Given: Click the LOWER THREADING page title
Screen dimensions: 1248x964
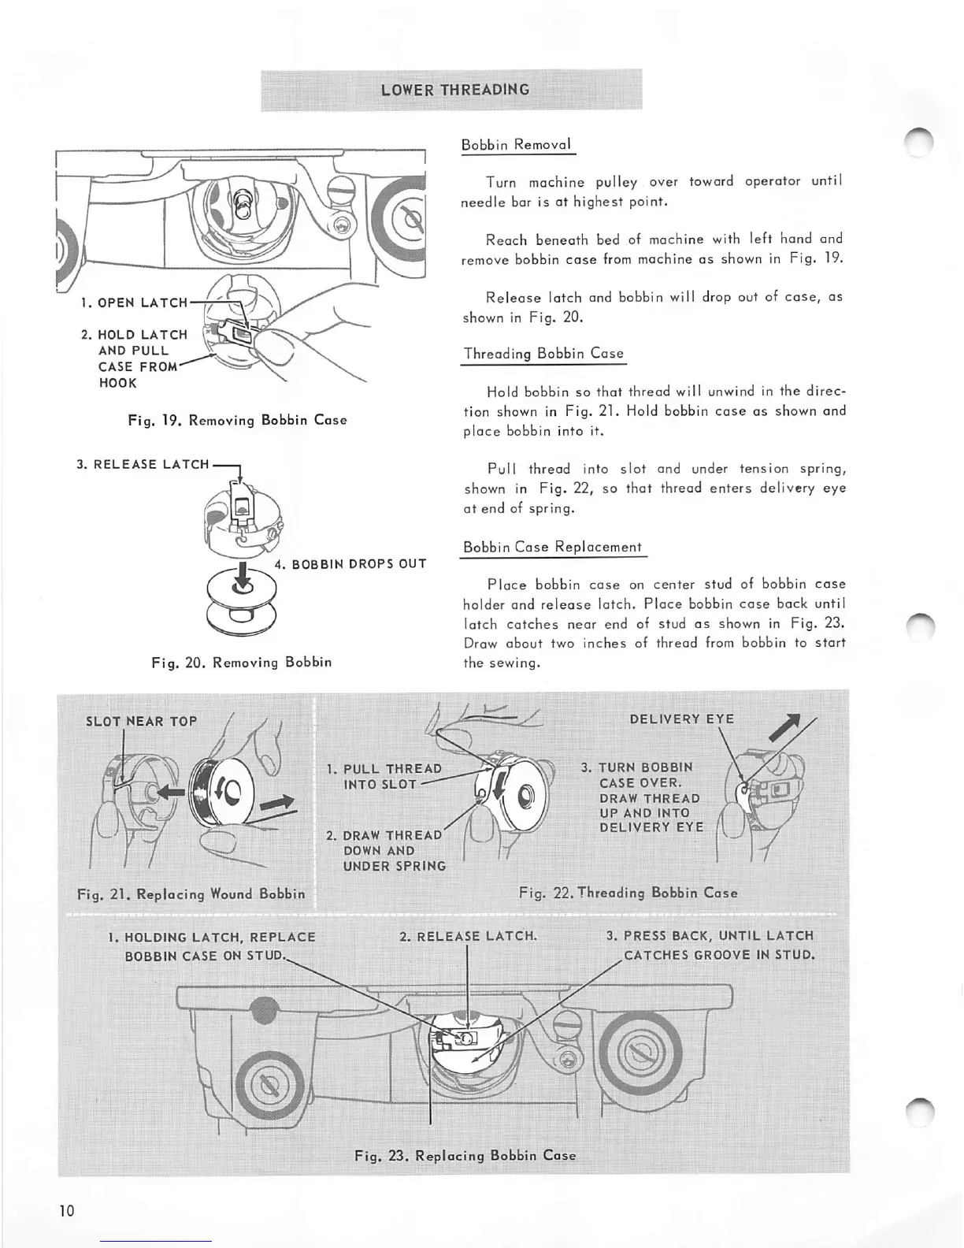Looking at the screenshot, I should click(x=454, y=89).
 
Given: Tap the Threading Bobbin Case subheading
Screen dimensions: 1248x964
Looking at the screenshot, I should click(x=543, y=354).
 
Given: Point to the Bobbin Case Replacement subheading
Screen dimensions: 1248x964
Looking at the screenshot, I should click(x=552, y=547).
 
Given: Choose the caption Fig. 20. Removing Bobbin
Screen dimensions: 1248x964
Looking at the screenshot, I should click(x=241, y=662).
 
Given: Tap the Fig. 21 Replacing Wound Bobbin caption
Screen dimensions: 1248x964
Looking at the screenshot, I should click(x=191, y=894).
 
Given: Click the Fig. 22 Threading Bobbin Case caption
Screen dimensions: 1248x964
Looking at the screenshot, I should click(x=628, y=893).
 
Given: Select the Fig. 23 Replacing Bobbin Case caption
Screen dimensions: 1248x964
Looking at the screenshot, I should click(x=465, y=1155).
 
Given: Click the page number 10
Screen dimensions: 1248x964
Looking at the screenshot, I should click(x=66, y=1210).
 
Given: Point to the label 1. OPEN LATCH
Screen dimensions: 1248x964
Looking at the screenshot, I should click(x=134, y=303).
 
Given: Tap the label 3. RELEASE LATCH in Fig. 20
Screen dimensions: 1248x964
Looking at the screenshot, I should click(x=143, y=464).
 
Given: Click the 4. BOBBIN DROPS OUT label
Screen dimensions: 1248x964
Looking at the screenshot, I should click(x=350, y=564).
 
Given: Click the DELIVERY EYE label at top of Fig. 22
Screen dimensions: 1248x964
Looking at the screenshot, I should click(x=681, y=719).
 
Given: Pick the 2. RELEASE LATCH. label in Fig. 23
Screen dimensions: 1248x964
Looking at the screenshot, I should click(x=468, y=936).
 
